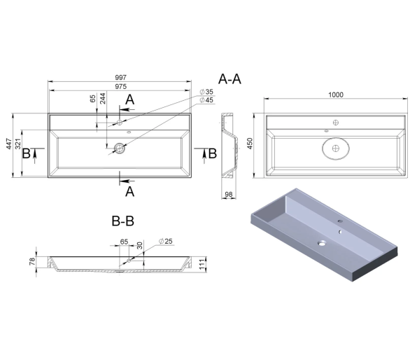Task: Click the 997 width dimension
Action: coord(120,78)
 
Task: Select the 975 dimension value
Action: coord(120,86)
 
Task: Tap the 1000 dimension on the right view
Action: coord(336,95)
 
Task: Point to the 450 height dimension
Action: coord(250,144)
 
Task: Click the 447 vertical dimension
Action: coord(9,144)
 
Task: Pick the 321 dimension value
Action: coord(18,144)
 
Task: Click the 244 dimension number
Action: coord(103,99)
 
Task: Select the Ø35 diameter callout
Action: coord(206,92)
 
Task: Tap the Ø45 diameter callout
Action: coord(206,100)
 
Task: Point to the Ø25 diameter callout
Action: coord(166,241)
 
